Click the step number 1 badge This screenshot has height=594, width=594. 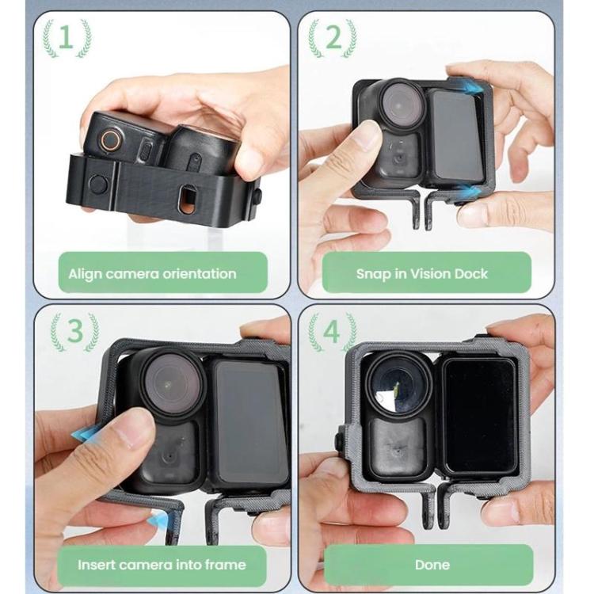[x=67, y=39]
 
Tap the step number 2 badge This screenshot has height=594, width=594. [x=333, y=39]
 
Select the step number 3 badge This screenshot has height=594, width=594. [x=74, y=333]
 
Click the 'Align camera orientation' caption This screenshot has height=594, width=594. [x=152, y=274]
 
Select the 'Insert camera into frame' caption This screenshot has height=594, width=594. [x=162, y=565]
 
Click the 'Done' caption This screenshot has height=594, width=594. [x=432, y=565]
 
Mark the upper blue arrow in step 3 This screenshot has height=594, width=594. [x=87, y=432]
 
